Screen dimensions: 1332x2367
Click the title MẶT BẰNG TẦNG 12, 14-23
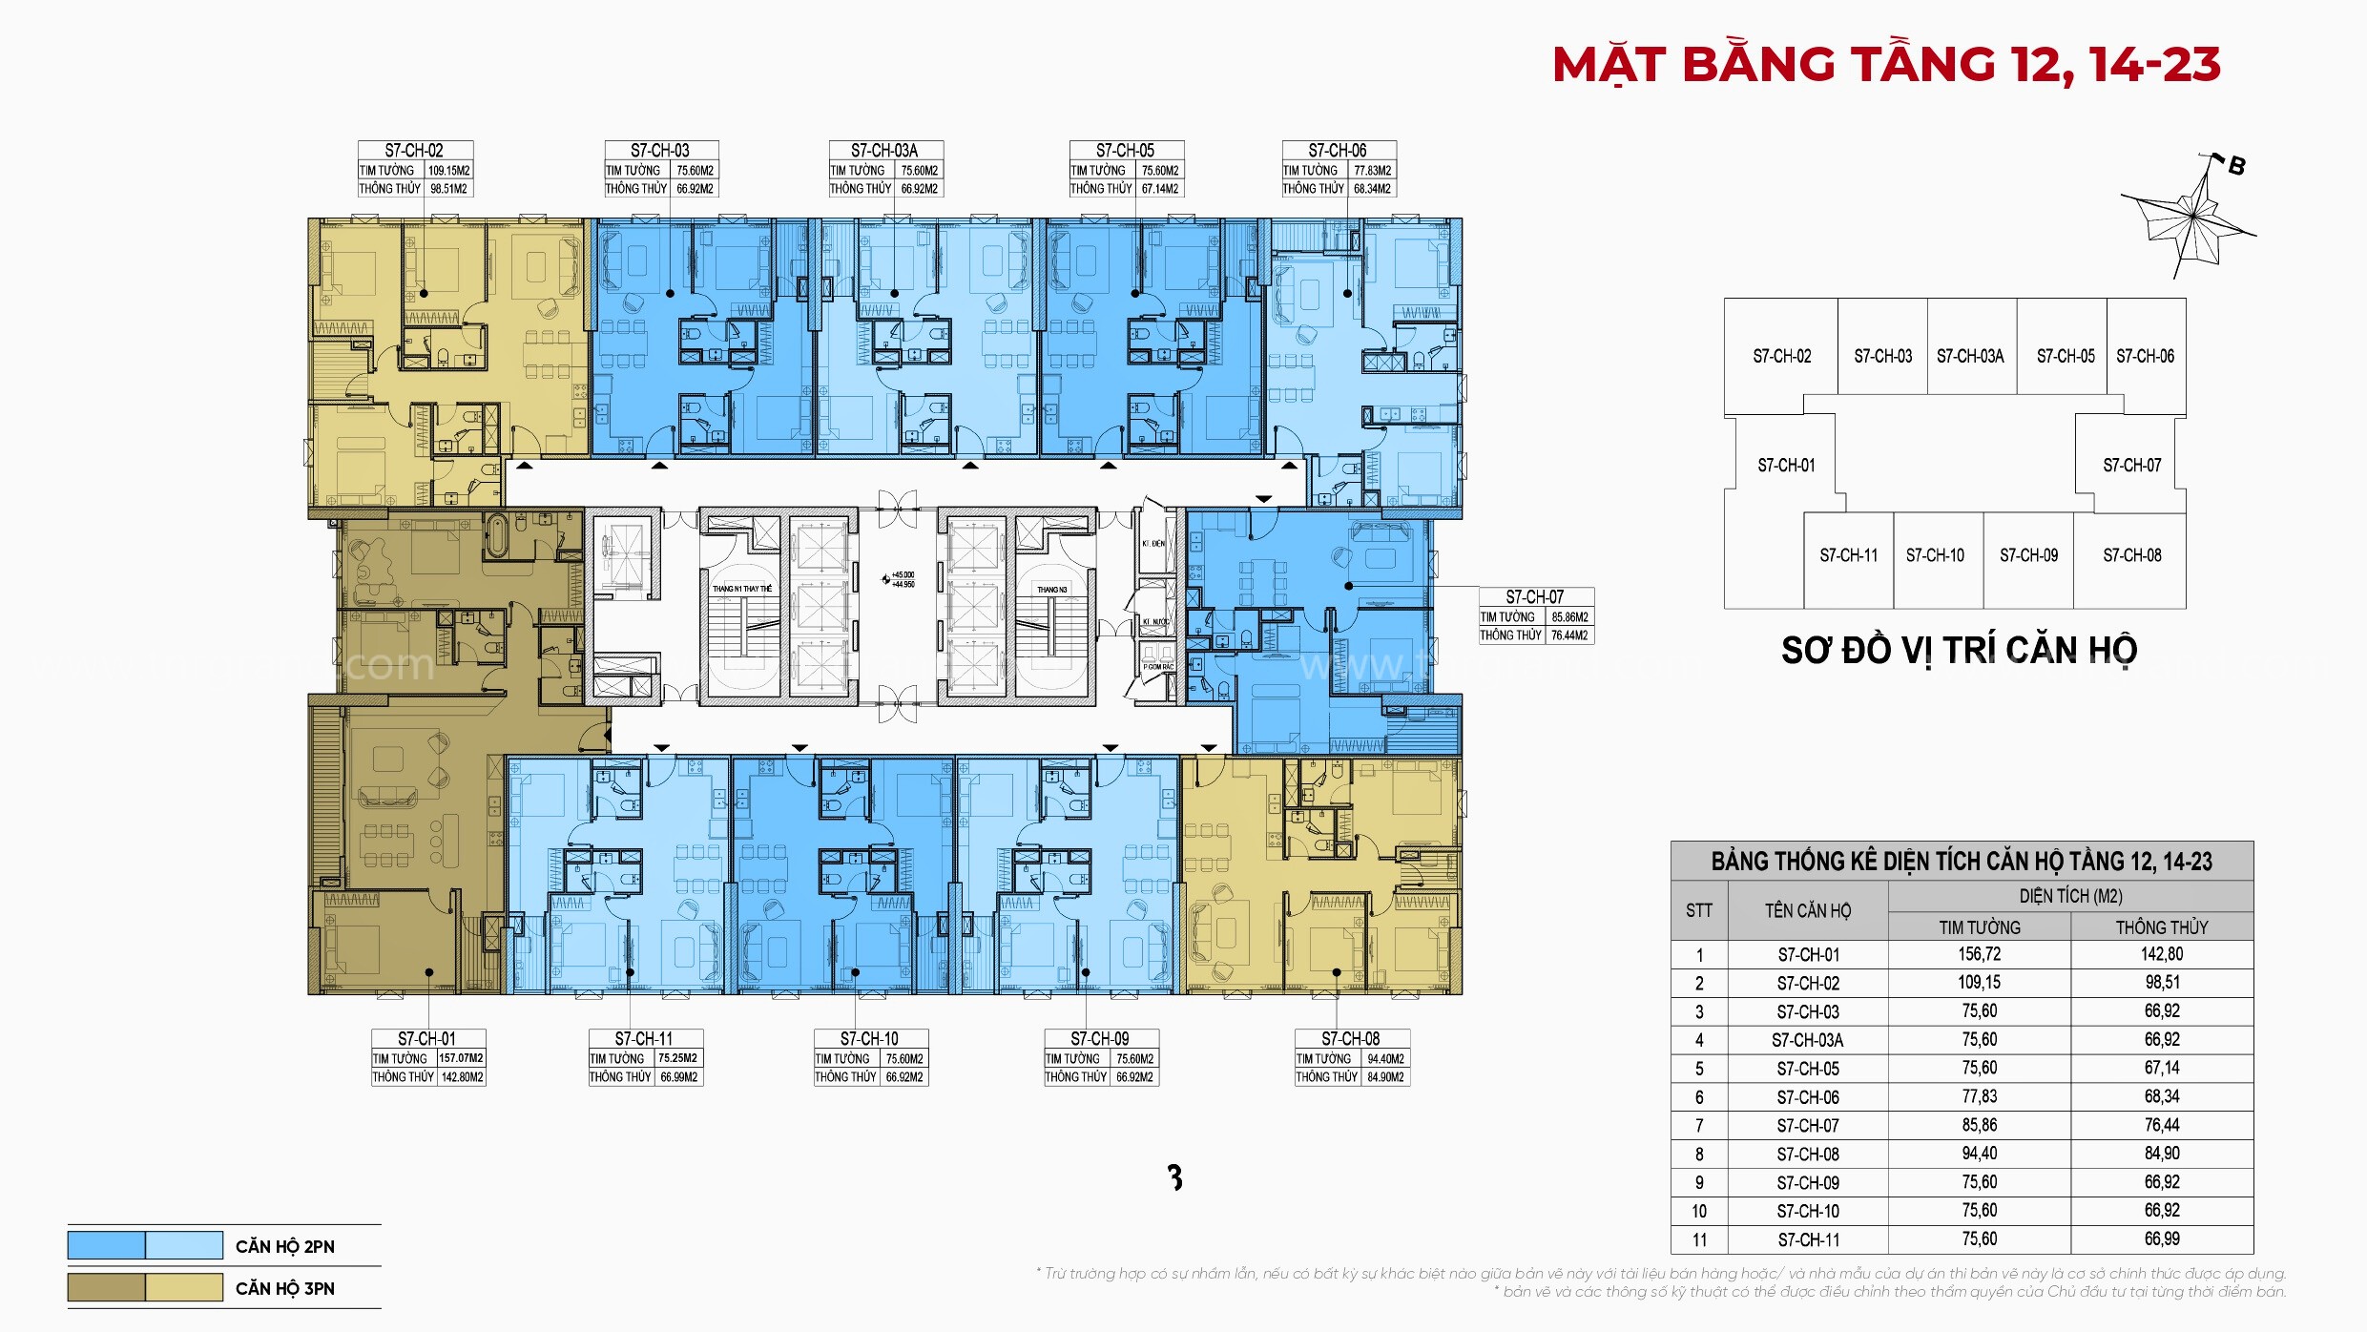point(1885,65)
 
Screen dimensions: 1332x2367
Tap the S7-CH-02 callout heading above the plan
point(414,151)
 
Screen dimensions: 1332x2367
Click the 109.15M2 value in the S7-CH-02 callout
point(448,171)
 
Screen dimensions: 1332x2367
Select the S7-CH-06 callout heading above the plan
point(1338,151)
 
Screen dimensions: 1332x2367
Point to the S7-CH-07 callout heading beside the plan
point(1534,597)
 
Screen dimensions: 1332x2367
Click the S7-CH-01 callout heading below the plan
point(426,1039)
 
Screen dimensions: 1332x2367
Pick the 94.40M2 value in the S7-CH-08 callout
point(1385,1059)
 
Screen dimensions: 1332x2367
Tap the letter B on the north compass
point(2236,166)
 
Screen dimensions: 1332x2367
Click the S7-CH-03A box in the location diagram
point(1970,356)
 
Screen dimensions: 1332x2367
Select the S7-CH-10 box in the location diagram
point(1935,555)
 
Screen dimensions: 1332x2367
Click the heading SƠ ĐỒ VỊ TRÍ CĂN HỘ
point(1959,651)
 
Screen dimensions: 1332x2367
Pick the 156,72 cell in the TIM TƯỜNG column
point(1980,954)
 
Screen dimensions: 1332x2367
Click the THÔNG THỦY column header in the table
point(2161,927)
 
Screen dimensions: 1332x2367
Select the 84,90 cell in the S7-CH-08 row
point(2161,1154)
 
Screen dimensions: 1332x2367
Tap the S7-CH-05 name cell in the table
point(1808,1069)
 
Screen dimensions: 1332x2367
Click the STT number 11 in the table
point(1699,1239)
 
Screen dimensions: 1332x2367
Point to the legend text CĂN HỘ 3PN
point(284,1289)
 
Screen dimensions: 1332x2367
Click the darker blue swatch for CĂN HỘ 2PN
point(106,1245)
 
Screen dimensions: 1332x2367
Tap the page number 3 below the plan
point(1175,1178)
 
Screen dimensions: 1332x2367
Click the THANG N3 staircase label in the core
point(1052,590)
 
